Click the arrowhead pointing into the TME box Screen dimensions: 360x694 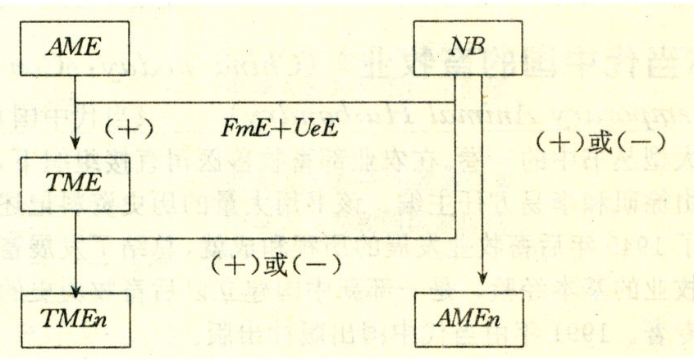point(75,143)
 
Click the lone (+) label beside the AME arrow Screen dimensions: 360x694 point(130,129)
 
